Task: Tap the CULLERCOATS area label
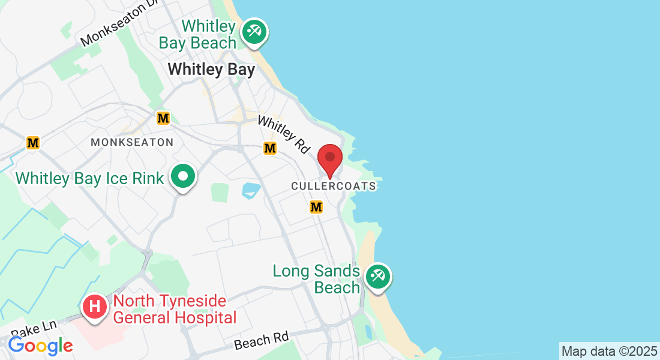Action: coord(334,186)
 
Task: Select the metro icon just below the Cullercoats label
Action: coord(316,207)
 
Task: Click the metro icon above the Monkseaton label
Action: coord(163,118)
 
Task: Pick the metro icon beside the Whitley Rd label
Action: coord(270,148)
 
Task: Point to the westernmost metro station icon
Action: coord(33,143)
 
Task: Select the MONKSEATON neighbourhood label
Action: coord(132,142)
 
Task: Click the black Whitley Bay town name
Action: coord(211,70)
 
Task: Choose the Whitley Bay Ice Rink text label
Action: coord(89,178)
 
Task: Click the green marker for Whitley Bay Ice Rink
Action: coord(184,177)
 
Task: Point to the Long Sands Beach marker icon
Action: coord(377,277)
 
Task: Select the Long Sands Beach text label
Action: coord(316,279)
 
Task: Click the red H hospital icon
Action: coord(95,307)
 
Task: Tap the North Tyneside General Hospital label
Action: coord(175,309)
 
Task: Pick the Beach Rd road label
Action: coord(261,340)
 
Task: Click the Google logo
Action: coord(40,346)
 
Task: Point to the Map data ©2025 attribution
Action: coord(609,351)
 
